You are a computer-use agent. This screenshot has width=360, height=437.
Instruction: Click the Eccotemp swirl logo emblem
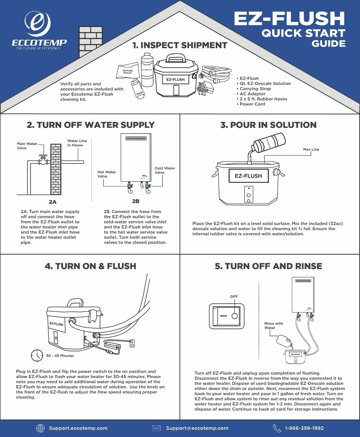point(38,24)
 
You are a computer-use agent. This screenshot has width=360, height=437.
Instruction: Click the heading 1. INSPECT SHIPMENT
point(180,45)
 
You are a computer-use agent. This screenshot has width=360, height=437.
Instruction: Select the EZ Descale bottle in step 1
point(147,69)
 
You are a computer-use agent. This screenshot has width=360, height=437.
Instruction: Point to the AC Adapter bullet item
point(252,94)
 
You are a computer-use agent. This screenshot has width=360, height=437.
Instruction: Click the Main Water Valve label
point(27,146)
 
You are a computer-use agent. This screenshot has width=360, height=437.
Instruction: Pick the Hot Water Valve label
point(107,174)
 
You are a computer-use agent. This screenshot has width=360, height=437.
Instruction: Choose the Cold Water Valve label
point(165,170)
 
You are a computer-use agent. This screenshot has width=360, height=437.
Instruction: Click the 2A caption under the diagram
point(52,201)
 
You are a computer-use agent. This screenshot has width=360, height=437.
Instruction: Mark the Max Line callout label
point(311,149)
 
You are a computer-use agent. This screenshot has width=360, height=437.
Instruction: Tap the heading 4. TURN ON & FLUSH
point(90,266)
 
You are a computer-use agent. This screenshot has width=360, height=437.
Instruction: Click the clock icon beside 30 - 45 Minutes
point(37,355)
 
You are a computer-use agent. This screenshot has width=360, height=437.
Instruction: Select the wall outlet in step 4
point(132,343)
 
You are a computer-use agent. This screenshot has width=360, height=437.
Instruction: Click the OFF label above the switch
point(234,296)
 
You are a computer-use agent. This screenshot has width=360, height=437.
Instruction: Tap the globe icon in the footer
point(40,428)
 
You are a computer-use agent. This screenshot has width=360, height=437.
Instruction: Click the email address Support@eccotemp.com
point(197,428)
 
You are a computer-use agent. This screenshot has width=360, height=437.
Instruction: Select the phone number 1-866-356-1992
point(304,428)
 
